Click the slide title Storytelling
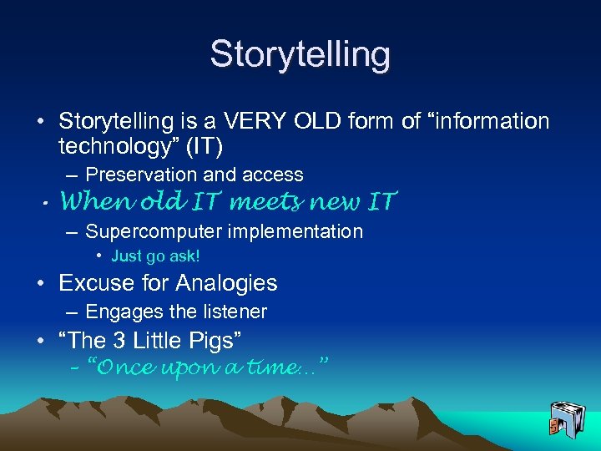(300, 54)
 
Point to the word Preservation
(130, 175)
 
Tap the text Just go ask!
(155, 256)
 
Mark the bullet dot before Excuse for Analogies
(41, 284)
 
